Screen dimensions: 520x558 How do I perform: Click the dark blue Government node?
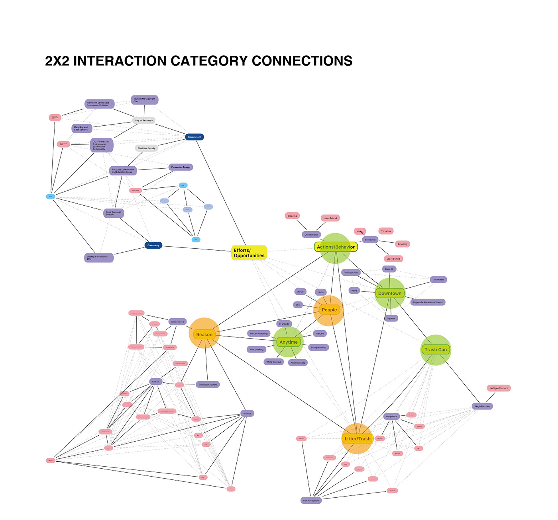[195, 137]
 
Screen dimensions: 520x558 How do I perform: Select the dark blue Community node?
[153, 245]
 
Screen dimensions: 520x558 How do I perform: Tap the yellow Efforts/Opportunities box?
[249, 253]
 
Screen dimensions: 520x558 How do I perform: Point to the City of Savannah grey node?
[143, 120]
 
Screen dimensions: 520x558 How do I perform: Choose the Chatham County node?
[147, 148]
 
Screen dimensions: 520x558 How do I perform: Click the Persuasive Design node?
[181, 167]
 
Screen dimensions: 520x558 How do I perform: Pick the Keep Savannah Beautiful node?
[114, 213]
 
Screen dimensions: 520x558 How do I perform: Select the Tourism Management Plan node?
[144, 100]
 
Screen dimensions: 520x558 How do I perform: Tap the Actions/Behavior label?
[336, 247]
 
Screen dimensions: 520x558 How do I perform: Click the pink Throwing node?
[386, 231]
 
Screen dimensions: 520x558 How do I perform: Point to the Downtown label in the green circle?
[390, 293]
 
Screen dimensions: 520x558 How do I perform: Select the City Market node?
[438, 280]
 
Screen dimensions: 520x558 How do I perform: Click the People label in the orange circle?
[329, 310]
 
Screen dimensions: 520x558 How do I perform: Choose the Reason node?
[204, 335]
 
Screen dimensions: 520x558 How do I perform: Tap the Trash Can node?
[436, 350]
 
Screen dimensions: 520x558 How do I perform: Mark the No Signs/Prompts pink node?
[499, 388]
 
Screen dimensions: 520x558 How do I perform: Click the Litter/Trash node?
[358, 439]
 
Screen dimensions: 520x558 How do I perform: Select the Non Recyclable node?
[311, 501]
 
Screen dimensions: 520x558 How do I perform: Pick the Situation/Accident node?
[208, 384]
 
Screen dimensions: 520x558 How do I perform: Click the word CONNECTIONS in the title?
[302, 61]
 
